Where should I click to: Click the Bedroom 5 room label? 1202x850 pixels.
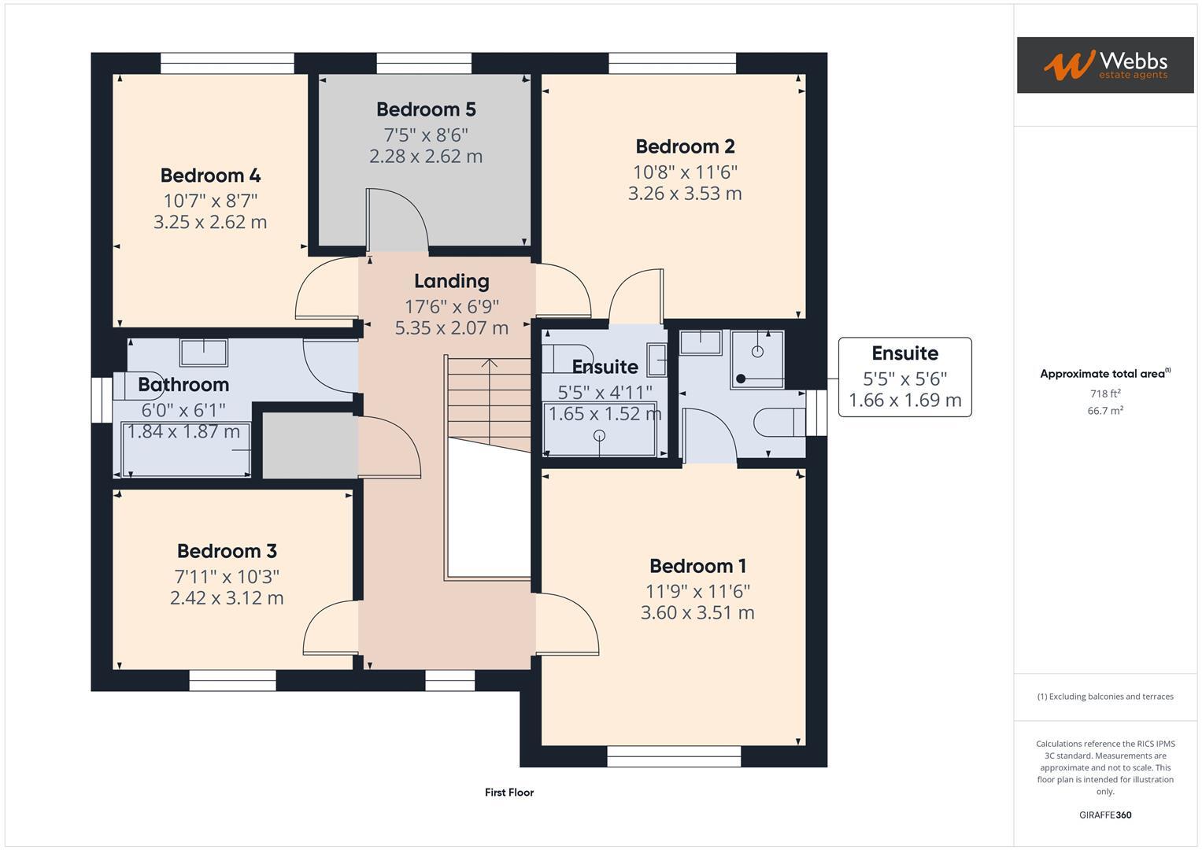[x=426, y=109]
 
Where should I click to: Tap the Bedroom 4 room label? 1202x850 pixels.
[x=210, y=176]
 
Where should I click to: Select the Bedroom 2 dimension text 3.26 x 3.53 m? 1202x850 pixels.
[x=685, y=194]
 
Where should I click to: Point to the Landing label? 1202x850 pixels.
[x=451, y=281]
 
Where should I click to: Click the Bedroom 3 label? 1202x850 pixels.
[x=227, y=551]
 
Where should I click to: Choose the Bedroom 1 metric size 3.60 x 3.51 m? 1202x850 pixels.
[x=697, y=613]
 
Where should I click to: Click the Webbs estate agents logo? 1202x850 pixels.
[x=1104, y=65]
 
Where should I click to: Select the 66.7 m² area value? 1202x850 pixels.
[x=1105, y=411]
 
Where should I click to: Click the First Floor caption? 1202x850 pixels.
[x=509, y=793]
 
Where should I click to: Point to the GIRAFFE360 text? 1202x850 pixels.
[x=1105, y=815]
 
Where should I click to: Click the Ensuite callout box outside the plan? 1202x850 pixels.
[x=904, y=377]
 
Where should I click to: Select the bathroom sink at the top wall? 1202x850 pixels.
[x=204, y=352]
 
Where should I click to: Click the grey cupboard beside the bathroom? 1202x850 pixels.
[x=308, y=445]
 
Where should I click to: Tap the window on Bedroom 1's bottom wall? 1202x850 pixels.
[x=674, y=756]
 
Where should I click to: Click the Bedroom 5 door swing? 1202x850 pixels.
[x=398, y=220]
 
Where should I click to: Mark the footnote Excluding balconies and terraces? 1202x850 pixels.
[x=1105, y=697]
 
